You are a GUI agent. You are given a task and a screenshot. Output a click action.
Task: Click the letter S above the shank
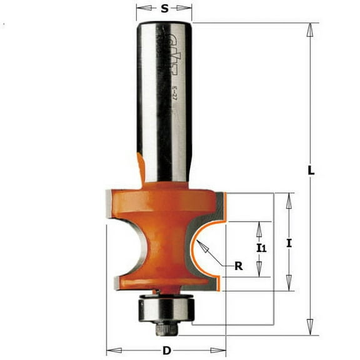(x=164, y=9)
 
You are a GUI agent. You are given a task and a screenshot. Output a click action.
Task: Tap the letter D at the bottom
(x=166, y=351)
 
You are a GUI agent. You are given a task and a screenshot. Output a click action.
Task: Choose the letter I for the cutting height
(x=289, y=245)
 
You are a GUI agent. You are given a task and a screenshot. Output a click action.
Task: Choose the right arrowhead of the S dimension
(x=188, y=9)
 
